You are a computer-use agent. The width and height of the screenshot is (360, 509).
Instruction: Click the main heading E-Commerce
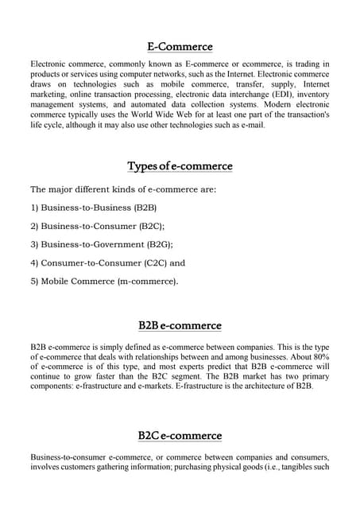[x=180, y=47]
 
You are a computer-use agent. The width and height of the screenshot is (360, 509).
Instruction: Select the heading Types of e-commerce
[x=180, y=166]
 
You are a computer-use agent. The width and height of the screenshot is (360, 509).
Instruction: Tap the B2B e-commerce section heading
[x=180, y=326]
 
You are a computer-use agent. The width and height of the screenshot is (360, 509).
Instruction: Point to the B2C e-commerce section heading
[x=180, y=436]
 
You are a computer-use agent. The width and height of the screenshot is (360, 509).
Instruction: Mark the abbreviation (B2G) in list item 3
[x=154, y=244]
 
